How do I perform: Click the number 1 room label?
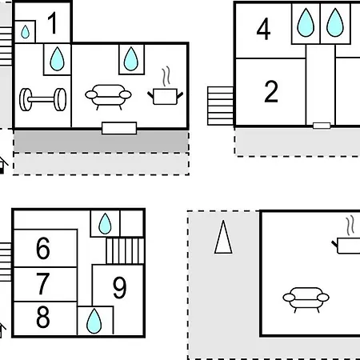[x=53, y=23]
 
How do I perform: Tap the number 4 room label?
[x=263, y=29]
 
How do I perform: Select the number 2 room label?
[x=271, y=91]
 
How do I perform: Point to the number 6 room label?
[x=43, y=248]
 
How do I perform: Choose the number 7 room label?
[x=42, y=283]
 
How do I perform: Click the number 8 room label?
[x=43, y=317]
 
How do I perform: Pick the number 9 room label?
[x=119, y=287]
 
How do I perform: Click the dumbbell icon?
[x=42, y=99]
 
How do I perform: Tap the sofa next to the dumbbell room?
[x=108, y=97]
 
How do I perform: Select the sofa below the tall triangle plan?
[x=306, y=299]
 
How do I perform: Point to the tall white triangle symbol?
[x=223, y=237]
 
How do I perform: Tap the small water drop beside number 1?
[x=25, y=32]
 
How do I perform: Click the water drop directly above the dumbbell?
[x=57, y=59]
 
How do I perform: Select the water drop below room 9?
[x=94, y=321]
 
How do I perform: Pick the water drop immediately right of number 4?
[x=306, y=22]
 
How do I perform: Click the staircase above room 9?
[x=126, y=251]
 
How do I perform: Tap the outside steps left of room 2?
[x=221, y=106]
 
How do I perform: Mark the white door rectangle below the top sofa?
[x=119, y=128]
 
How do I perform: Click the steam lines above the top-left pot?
[x=166, y=77]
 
